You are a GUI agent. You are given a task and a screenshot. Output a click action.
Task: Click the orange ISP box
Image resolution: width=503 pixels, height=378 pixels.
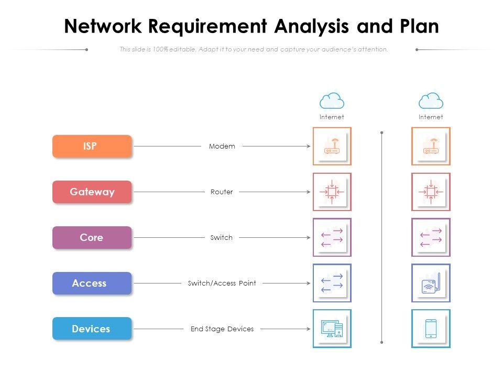(x=92, y=146)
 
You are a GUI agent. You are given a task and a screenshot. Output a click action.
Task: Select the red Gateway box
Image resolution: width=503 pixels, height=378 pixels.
(x=92, y=192)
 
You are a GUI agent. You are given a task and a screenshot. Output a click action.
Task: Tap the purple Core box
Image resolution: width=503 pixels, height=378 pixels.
(x=92, y=237)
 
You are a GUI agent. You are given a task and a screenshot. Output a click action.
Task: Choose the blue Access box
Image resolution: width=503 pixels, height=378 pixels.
(x=92, y=283)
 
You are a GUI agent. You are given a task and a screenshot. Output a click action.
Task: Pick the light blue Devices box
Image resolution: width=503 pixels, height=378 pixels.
(x=92, y=329)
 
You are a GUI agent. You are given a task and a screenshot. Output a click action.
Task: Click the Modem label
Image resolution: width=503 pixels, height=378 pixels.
(x=222, y=146)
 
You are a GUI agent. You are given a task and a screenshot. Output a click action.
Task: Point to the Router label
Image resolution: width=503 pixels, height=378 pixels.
(x=222, y=192)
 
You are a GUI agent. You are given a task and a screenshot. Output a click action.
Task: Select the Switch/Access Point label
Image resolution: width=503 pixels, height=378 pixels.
(x=222, y=283)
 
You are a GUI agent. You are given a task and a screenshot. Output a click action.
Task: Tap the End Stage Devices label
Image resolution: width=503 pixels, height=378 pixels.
(x=222, y=329)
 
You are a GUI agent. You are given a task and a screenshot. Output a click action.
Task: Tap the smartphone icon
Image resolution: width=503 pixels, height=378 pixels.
(x=431, y=329)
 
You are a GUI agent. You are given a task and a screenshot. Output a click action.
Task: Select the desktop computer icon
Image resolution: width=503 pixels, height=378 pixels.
(x=332, y=329)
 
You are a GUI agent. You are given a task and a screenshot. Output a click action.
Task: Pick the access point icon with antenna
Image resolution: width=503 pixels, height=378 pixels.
(x=431, y=283)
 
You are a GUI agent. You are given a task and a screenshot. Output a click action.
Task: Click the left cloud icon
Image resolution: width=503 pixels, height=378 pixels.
(x=332, y=100)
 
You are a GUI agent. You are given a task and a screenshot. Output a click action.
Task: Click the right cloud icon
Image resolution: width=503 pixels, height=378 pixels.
(x=431, y=100)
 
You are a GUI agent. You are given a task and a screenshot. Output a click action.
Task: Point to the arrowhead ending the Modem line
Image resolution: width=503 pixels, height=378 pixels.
(x=309, y=146)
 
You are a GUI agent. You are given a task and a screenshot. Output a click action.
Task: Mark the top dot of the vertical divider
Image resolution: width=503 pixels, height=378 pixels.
(x=381, y=133)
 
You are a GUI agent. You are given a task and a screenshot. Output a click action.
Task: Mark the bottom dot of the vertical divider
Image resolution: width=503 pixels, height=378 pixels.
(x=381, y=342)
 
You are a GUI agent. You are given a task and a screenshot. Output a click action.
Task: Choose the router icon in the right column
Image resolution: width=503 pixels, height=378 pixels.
(x=431, y=192)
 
